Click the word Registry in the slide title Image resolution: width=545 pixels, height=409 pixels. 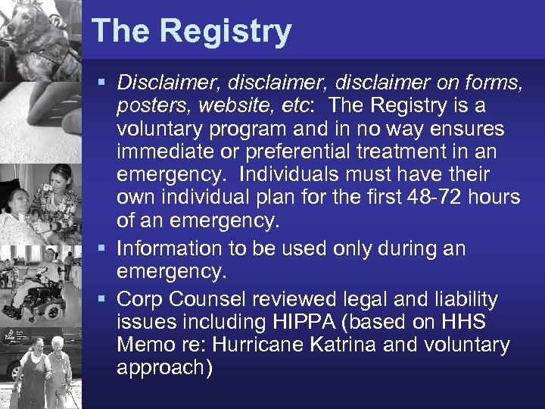[226, 32]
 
